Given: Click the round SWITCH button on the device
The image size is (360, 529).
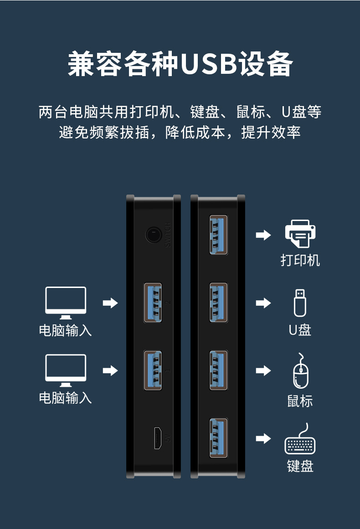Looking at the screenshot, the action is pos(154,235).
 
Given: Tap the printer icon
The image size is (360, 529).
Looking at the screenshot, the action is pos(300,234).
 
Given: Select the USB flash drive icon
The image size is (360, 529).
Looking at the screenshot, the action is pos(299,303).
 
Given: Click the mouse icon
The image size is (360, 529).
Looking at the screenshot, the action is pos(300,371).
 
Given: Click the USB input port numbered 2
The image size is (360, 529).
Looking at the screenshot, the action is pos(153,303).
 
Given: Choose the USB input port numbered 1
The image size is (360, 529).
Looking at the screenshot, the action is pos(153,370).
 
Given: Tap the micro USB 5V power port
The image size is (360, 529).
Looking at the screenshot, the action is pos(158,438).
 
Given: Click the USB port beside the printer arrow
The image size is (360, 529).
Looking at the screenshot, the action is pos(218,235).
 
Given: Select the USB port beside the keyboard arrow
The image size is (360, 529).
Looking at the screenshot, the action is pos(218,438).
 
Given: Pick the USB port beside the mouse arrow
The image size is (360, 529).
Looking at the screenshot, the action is pos(218,370).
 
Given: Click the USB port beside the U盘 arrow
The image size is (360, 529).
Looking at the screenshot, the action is pos(218,303).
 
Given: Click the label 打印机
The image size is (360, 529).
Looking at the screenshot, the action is pos(300,261).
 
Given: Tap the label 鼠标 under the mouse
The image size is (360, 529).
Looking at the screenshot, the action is pos(300,401).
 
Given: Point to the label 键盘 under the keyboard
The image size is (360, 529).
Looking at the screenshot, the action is pos(300,466).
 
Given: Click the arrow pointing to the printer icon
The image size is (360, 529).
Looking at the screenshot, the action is pos(263,235).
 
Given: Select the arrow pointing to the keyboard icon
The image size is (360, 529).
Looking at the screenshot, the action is pos(263,439).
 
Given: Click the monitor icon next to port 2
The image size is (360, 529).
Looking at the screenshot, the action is pos(66,303).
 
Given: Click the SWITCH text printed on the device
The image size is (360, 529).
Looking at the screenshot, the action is pos(168,235).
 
